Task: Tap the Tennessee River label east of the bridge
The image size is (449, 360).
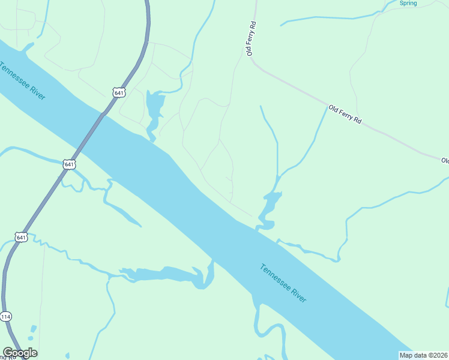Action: [x=284, y=283]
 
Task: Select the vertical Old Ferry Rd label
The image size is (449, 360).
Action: [x=252, y=40]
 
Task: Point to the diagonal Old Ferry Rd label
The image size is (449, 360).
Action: [x=345, y=115]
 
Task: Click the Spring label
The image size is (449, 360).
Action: [x=408, y=4]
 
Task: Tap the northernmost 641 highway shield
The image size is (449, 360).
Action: [x=118, y=92]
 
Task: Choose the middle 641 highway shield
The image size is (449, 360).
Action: [x=69, y=164]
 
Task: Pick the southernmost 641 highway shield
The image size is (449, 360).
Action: [x=21, y=238]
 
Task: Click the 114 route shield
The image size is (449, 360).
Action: [x=5, y=316]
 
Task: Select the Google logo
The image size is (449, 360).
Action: [x=20, y=353]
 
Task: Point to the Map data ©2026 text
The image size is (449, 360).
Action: [x=424, y=355]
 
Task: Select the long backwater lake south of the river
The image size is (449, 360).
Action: [x=168, y=275]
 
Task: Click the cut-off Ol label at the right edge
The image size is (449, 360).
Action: [x=445, y=161]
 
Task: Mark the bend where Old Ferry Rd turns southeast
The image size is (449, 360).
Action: [x=255, y=61]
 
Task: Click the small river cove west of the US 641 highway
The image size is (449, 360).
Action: [x=27, y=47]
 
